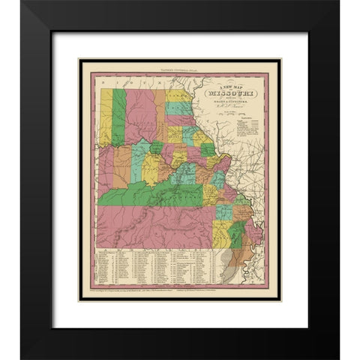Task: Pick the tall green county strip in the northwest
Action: coord(118,116)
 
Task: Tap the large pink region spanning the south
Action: coord(150,225)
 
